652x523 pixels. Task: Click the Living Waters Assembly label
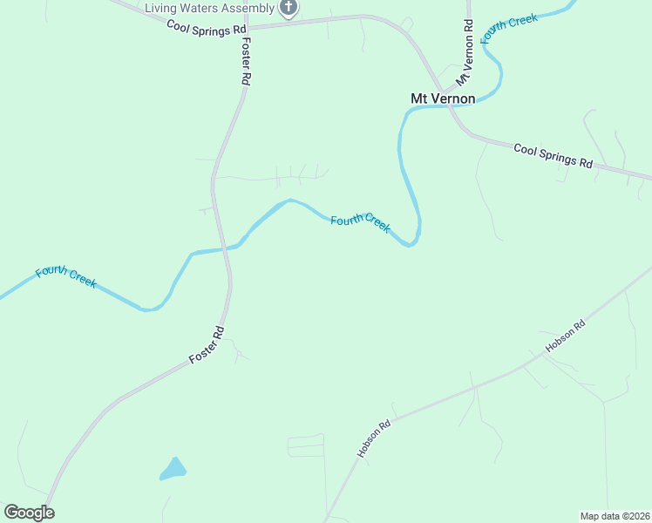pyautogui.click(x=208, y=8)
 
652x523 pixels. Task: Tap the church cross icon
pyautogui.click(x=288, y=8)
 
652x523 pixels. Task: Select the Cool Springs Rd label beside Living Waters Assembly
pyautogui.click(x=207, y=28)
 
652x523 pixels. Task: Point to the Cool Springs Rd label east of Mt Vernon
pyautogui.click(x=553, y=155)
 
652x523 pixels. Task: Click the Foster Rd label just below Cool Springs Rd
pyautogui.click(x=247, y=60)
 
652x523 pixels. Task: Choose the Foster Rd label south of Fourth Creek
pyautogui.click(x=207, y=345)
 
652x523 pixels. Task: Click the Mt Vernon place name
pyautogui.click(x=443, y=98)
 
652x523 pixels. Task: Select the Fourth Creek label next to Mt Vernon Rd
pyautogui.click(x=509, y=30)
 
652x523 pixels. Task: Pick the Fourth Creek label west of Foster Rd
pyautogui.click(x=65, y=278)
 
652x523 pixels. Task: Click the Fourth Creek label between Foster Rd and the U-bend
pyautogui.click(x=360, y=222)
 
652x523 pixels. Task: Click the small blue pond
pyautogui.click(x=173, y=470)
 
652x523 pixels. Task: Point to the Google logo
pyautogui.click(x=29, y=513)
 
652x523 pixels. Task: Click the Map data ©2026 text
pyautogui.click(x=615, y=516)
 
